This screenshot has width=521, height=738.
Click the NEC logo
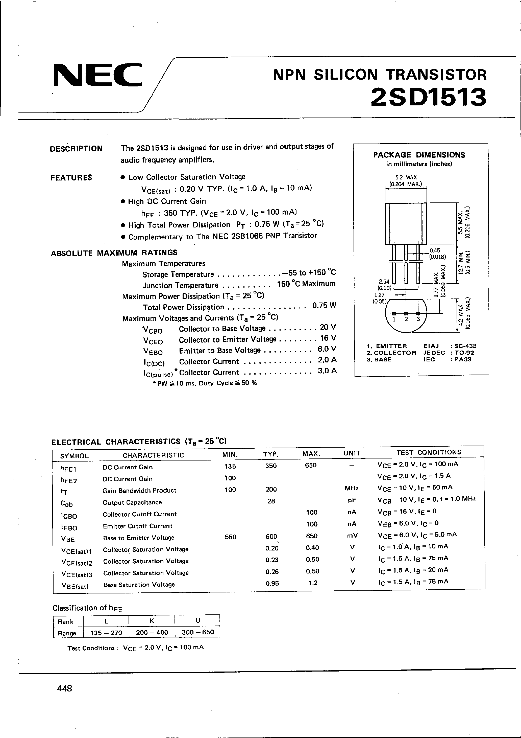(97, 75)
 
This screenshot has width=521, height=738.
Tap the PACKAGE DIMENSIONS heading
(419, 155)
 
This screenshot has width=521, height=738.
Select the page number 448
(64, 688)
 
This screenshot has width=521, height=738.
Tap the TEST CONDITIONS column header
(429, 452)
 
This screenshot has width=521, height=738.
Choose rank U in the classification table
(197, 621)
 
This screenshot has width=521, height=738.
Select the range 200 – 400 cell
(152, 633)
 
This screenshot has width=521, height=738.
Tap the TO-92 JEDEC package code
(464, 353)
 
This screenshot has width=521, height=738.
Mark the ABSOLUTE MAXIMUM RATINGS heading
(114, 253)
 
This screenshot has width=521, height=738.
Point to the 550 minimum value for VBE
(230, 537)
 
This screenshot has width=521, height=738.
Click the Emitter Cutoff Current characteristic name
(137, 526)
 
